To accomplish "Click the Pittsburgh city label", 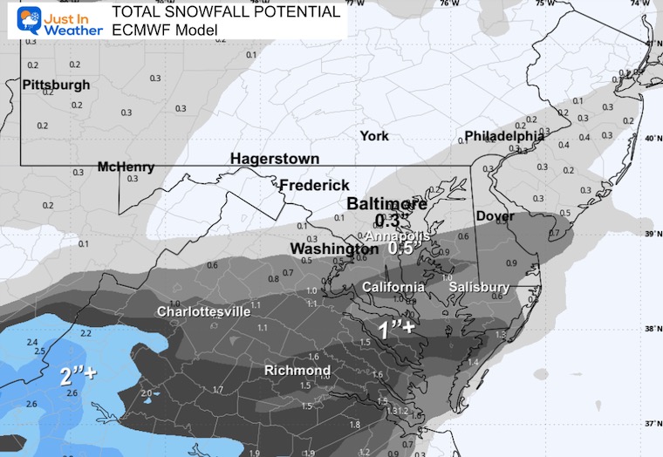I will click(56, 85).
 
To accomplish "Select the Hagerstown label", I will click(274, 159).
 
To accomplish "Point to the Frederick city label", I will click(314, 185).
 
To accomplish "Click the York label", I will click(375, 136).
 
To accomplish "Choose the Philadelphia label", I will click(504, 136).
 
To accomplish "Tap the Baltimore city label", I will click(387, 204).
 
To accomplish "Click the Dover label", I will click(495, 215).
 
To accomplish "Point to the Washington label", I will click(334, 249).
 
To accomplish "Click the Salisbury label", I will click(478, 287).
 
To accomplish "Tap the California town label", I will click(393, 287).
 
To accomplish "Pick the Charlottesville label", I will click(203, 311).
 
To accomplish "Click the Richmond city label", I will click(297, 371).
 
